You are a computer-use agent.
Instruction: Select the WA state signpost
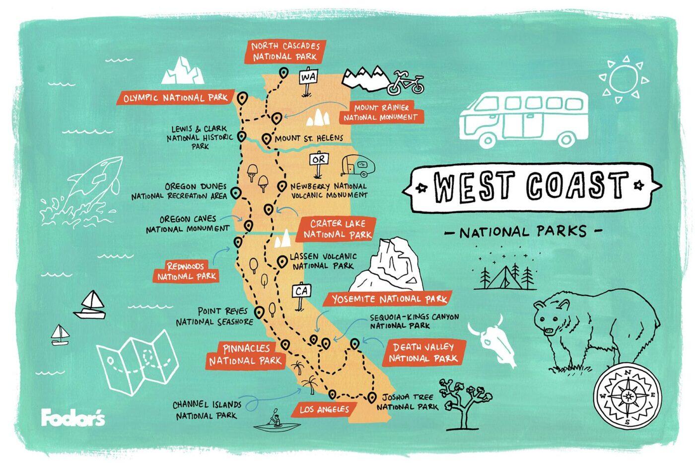pyautogui.click(x=308, y=78)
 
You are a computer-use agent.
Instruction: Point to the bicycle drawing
pyautogui.click(x=406, y=83)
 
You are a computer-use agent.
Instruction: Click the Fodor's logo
pyautogui.click(x=73, y=417)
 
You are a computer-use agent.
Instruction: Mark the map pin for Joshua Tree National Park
pyautogui.click(x=372, y=397)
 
